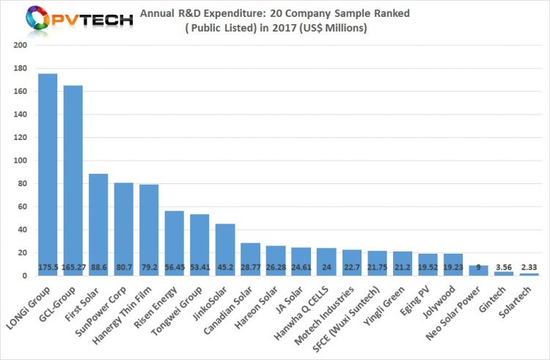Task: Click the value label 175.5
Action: point(48,268)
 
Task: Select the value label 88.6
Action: point(98,268)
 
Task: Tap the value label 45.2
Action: point(225,268)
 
